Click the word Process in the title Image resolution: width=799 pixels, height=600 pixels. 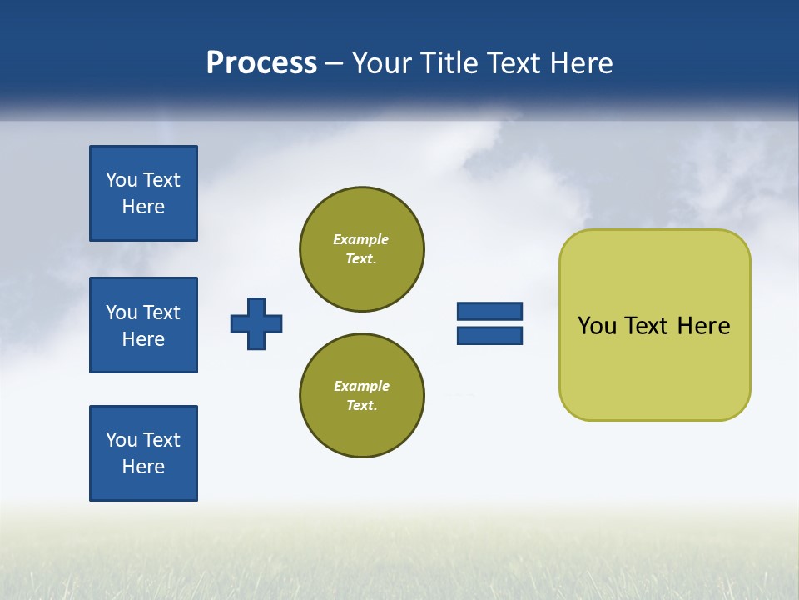(x=261, y=63)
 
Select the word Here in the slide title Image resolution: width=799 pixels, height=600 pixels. (x=580, y=63)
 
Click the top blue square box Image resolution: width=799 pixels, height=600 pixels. (x=143, y=193)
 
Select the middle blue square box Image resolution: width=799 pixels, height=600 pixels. (x=143, y=325)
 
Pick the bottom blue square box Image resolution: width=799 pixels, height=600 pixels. (x=143, y=453)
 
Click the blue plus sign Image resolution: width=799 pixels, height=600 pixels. (x=256, y=323)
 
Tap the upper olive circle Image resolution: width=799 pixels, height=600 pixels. (x=362, y=248)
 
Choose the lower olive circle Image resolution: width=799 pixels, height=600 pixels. (x=362, y=395)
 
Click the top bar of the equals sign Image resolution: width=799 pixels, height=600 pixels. (x=489, y=312)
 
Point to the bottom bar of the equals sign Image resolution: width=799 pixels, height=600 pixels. (x=489, y=335)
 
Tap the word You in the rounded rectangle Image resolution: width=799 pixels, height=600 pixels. (x=597, y=326)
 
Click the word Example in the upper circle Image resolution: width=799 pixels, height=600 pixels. (x=361, y=239)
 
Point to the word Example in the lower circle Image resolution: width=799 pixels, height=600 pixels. (x=361, y=386)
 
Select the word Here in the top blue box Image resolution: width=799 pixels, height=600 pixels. (x=143, y=207)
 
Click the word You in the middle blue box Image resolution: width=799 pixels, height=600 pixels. (x=122, y=312)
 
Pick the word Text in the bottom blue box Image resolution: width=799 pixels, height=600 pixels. (x=161, y=440)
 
